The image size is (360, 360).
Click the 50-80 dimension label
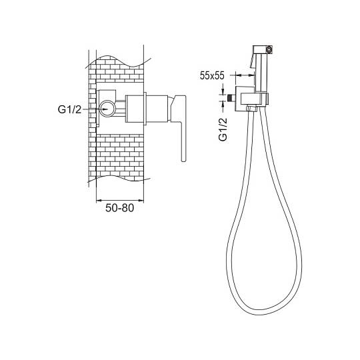pos(119,208)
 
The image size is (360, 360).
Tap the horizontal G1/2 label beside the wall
pos(69,109)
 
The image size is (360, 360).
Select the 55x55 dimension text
pos(212,75)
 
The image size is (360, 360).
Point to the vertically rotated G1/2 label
pos(223,129)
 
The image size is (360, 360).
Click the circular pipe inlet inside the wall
pos(107,109)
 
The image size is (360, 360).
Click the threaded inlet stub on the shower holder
pos(231,97)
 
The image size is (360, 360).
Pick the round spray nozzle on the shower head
pos(269,49)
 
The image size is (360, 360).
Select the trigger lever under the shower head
pos(252,61)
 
